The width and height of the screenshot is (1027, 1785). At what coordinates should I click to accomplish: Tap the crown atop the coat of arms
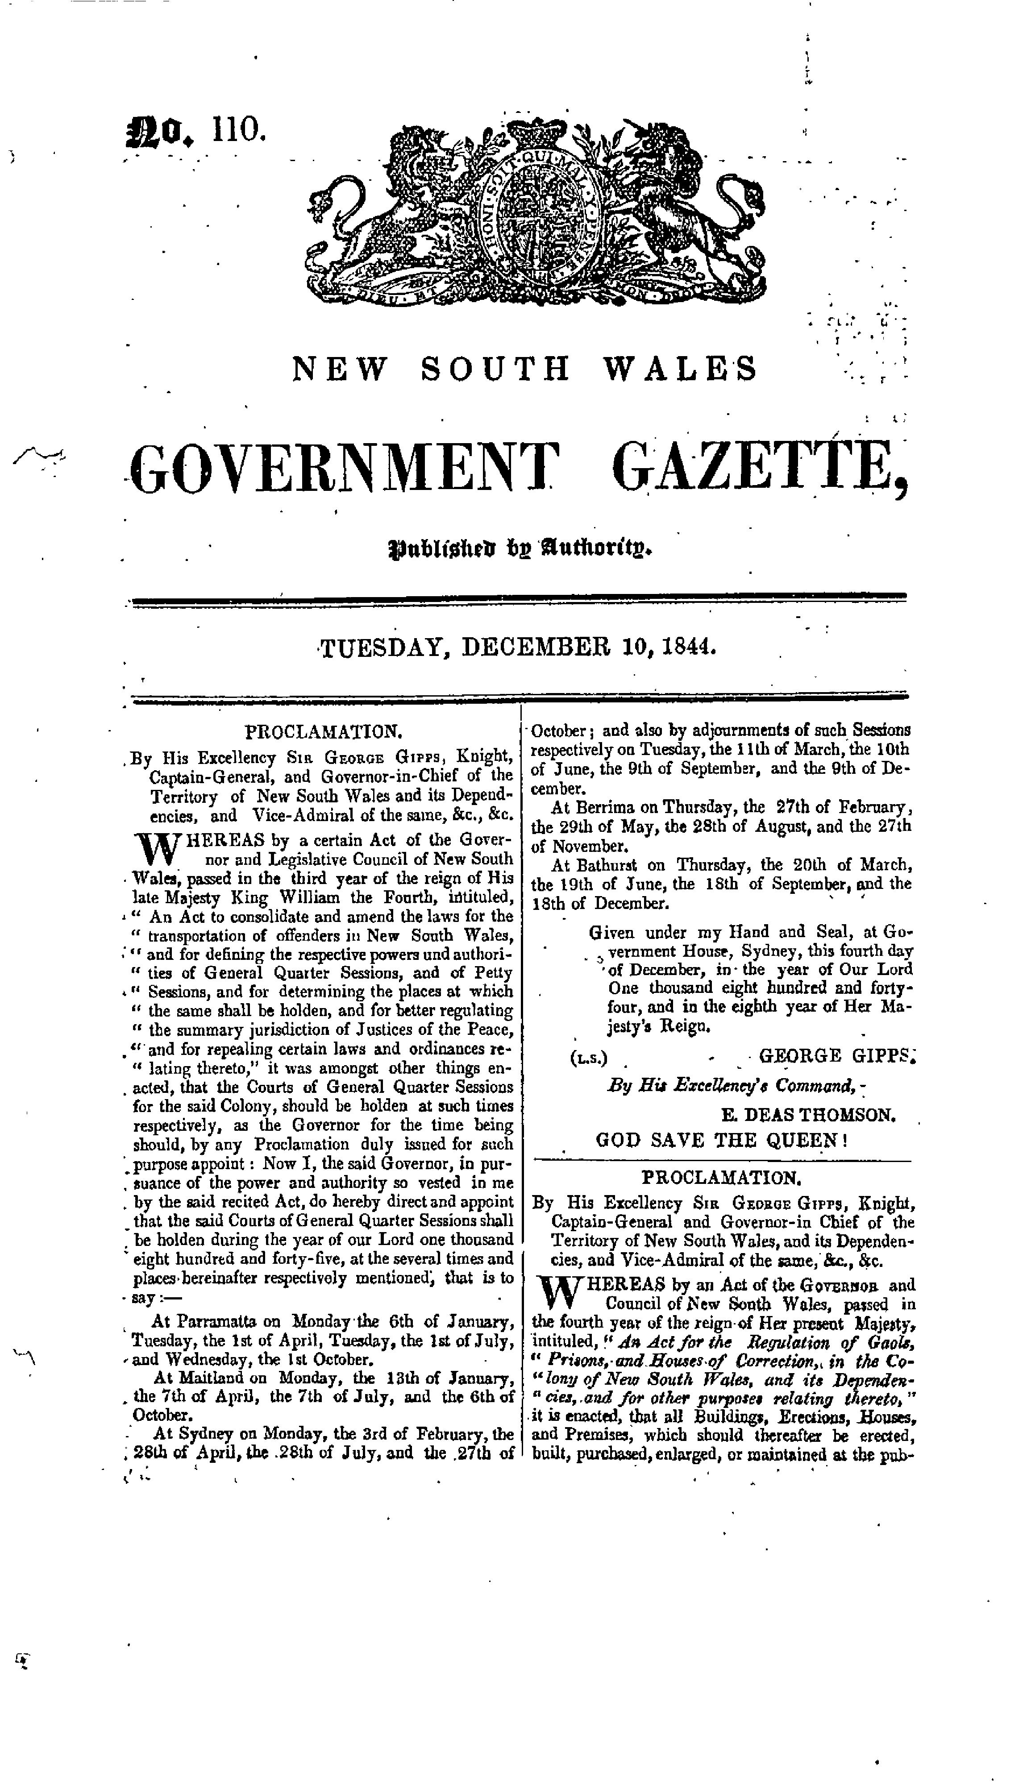542,130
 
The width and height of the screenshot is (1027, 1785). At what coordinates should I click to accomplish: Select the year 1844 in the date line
690,647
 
